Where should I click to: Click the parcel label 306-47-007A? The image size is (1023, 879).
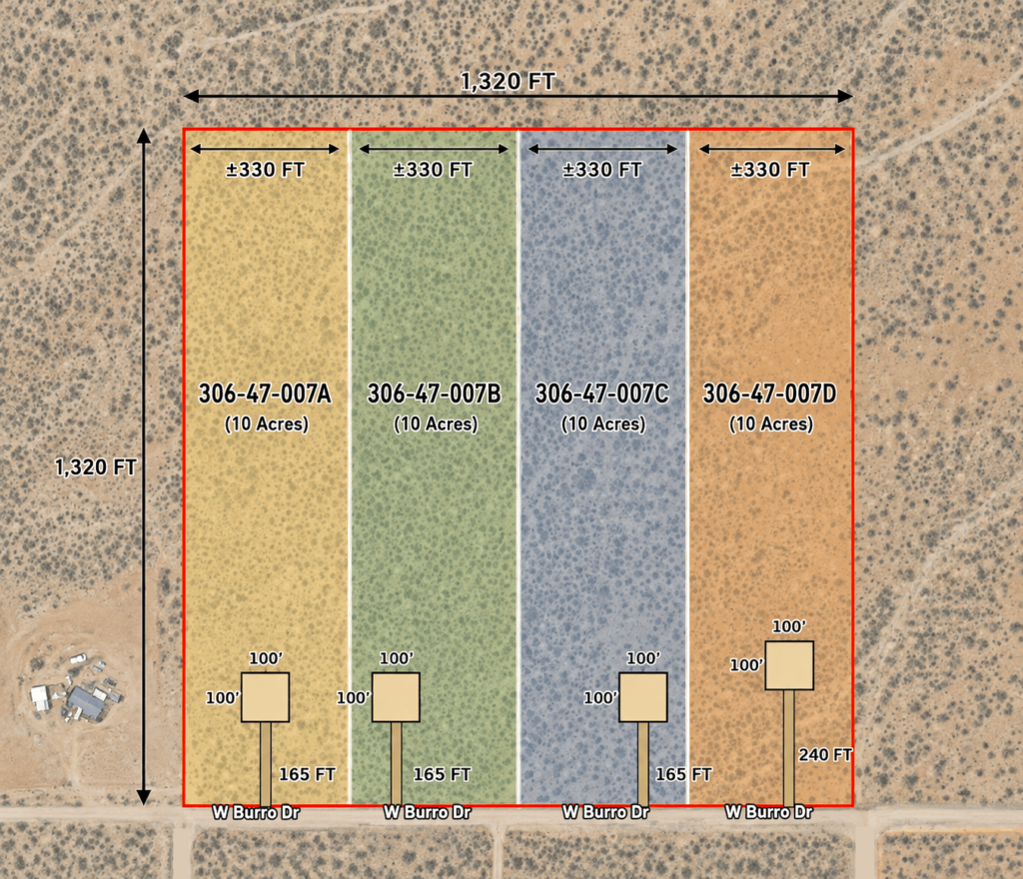coord(265,394)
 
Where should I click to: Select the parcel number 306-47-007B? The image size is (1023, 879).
coord(434,394)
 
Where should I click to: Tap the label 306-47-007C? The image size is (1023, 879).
coord(602,394)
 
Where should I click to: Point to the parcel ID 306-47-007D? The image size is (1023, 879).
coord(770,394)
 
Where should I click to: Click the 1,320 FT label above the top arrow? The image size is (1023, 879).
coord(508,81)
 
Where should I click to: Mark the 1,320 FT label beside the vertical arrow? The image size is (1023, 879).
coord(95,466)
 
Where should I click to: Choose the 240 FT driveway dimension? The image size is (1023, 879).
coord(825,754)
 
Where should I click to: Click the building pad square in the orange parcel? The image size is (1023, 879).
coord(789,665)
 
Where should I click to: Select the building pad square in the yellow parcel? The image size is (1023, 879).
coord(266,698)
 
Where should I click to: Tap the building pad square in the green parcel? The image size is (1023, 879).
coord(396,698)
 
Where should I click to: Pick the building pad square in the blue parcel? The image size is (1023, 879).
coord(643,698)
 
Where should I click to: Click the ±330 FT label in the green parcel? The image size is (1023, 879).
coord(433,170)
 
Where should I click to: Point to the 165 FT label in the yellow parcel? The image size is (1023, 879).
coord(308,775)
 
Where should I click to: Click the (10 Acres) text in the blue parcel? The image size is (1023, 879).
coord(603,424)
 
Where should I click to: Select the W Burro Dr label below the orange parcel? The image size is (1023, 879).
coord(769,812)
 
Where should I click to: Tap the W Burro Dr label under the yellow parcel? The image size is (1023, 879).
coord(256,812)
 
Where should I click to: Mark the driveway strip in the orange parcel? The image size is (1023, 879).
coord(789,748)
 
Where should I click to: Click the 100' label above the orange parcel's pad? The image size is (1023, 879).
coord(789,626)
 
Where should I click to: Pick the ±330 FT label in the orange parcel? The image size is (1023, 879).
coord(770,170)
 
